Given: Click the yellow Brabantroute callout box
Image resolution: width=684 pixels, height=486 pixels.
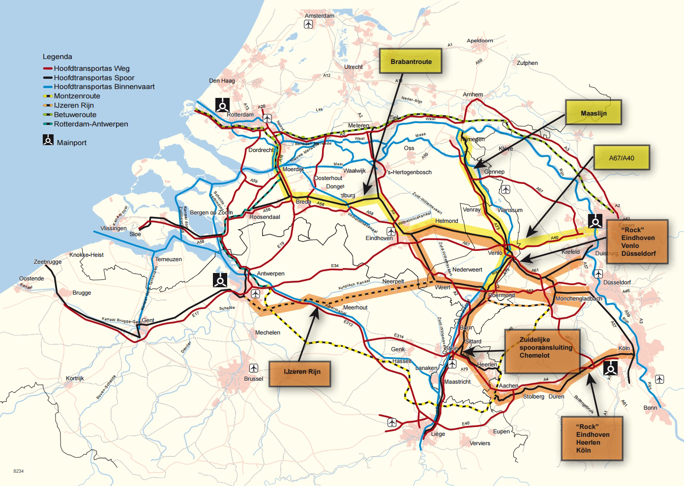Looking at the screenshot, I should pyautogui.click(x=411, y=61).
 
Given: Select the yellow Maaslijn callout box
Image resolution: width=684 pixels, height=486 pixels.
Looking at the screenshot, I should pyautogui.click(x=594, y=113).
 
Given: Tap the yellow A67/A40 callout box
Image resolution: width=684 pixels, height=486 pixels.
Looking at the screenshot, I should pyautogui.click(x=622, y=158).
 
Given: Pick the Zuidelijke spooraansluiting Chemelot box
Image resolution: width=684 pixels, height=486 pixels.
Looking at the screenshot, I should pyautogui.click(x=542, y=351).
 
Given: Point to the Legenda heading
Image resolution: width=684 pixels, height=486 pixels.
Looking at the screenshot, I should pyautogui.click(x=58, y=57).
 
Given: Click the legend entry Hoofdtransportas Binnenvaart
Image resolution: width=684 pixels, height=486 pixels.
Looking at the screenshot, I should pyautogui.click(x=104, y=87).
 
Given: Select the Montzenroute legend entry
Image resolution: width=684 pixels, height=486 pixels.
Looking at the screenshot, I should pyautogui.click(x=77, y=96).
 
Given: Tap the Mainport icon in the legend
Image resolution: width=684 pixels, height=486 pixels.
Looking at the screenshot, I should pyautogui.click(x=48, y=141).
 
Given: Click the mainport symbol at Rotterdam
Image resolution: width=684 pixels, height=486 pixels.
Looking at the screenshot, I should pyautogui.click(x=222, y=105).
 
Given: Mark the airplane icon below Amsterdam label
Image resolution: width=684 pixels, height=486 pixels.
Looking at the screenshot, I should pyautogui.click(x=308, y=24).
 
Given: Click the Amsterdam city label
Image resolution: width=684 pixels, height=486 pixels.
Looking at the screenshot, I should pyautogui.click(x=319, y=16).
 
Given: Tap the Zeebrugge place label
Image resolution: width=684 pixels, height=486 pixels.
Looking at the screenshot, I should pyautogui.click(x=48, y=262).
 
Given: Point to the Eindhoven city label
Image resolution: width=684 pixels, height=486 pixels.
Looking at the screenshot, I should pyautogui.click(x=379, y=238).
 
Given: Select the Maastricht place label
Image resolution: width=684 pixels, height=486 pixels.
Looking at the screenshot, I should pyautogui.click(x=457, y=382).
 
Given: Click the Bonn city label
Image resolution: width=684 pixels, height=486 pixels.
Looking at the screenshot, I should pyautogui.click(x=650, y=408).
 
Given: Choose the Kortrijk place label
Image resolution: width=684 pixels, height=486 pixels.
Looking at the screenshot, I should pyautogui.click(x=75, y=378).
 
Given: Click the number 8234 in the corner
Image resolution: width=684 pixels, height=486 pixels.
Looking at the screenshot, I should pyautogui.click(x=19, y=471).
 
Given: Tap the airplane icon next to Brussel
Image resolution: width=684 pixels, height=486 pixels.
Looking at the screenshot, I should pyautogui.click(x=253, y=368).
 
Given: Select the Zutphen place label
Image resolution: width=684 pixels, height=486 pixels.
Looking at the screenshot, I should pyautogui.click(x=527, y=63).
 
